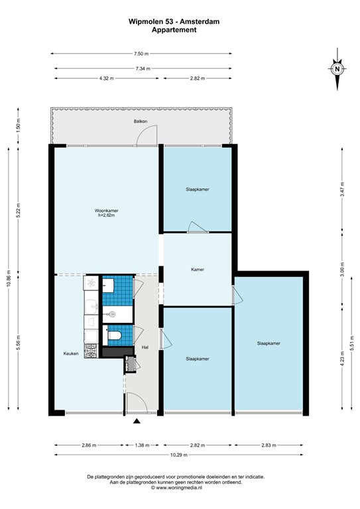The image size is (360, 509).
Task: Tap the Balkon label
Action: click(140, 121)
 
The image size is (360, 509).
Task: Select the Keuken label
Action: click(71, 353)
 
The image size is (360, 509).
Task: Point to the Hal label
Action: click(145, 347)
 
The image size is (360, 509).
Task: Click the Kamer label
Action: click(197, 270)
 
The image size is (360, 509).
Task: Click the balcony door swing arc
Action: click(146, 135)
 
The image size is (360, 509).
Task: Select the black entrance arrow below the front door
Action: click(137, 422)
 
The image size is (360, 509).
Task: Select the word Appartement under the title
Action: click(174, 30)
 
